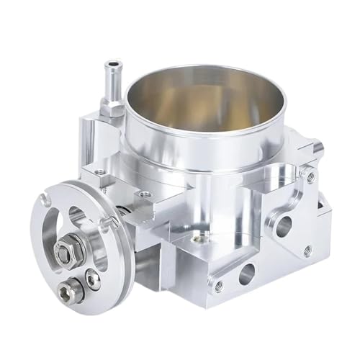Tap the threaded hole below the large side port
307,250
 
